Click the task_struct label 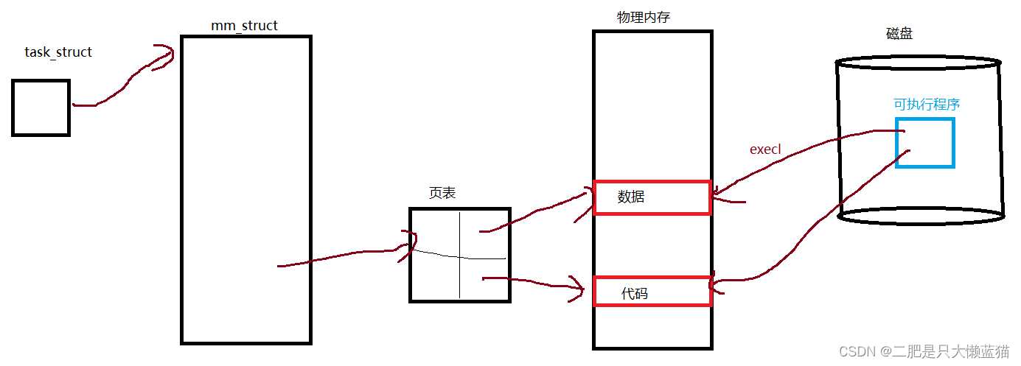(x=58, y=52)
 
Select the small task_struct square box (x=41, y=108)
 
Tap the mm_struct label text (x=244, y=26)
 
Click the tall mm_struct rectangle (x=245, y=189)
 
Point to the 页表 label (x=442, y=193)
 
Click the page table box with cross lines (x=459, y=255)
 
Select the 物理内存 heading (x=643, y=18)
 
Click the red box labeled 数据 (x=652, y=197)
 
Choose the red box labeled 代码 (x=652, y=292)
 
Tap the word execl (x=764, y=149)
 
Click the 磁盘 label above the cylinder (x=899, y=34)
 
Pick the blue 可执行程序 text (x=927, y=105)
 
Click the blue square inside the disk (x=924, y=142)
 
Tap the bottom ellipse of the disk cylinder (x=921, y=215)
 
